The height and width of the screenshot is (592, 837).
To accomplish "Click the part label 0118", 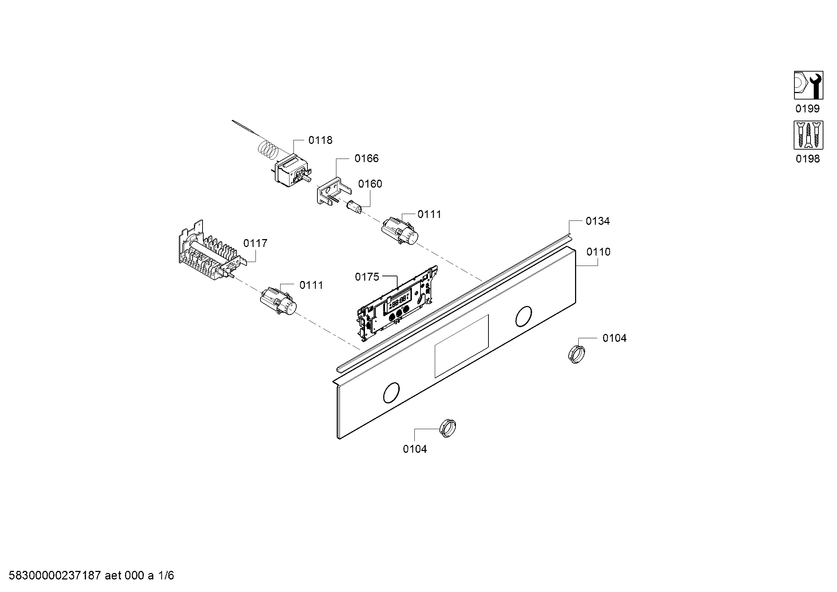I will tap(320, 140).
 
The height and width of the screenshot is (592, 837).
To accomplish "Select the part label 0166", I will tap(366, 158).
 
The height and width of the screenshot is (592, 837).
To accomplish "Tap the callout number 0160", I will tap(370, 184).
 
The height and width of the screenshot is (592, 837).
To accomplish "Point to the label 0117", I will tap(255, 243).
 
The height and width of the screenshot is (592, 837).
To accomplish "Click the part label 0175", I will tap(367, 277).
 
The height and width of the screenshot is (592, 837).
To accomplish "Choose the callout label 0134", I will tap(598, 221).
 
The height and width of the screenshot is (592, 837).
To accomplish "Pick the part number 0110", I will tap(598, 252).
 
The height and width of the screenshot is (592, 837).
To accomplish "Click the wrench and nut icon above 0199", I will tap(808, 85).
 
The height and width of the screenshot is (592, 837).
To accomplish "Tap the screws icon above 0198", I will tap(808, 135).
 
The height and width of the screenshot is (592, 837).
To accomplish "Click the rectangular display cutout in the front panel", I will tap(461, 346).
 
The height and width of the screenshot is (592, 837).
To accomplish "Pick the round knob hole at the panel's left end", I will tap(391, 393).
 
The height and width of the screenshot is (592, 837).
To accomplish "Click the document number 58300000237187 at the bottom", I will tap(54, 576).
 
